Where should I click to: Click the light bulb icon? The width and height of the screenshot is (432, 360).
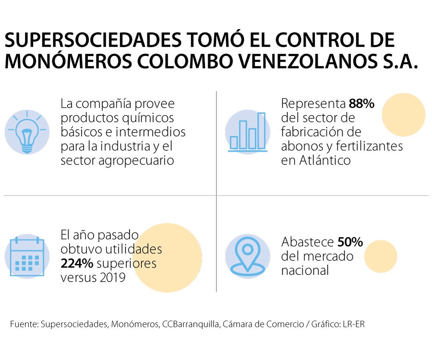coord(27,132)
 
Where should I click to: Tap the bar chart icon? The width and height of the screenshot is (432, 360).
coord(247,132)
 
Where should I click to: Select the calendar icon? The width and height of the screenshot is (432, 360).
coord(27,256)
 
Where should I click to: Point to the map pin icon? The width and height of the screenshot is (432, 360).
coord(247,256)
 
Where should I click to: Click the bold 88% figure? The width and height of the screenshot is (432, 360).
coord(361,104)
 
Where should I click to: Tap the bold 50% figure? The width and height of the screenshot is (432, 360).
coord(350,242)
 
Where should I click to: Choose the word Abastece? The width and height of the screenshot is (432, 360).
coord(307,242)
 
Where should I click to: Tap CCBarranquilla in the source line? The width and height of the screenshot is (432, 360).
coord(190,324)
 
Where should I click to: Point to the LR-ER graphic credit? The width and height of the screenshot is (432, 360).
coord(354,324)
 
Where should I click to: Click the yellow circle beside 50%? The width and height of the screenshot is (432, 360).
coord(380,256)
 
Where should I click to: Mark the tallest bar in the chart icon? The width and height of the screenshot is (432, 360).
coord(261,131)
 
